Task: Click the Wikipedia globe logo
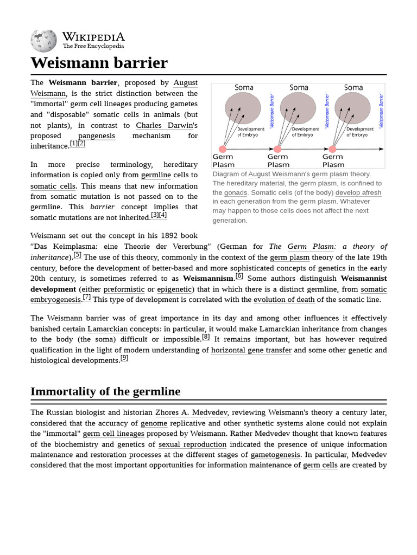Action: point(43,41)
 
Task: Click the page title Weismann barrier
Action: point(99,63)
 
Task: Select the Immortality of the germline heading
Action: point(105,391)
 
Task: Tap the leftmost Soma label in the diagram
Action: point(244,87)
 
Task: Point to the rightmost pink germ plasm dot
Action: point(332,149)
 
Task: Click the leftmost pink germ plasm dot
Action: point(223,149)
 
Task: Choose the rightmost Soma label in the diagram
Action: point(353,87)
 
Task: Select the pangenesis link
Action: point(97,135)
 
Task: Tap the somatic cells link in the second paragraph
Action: point(53,186)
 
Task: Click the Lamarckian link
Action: point(108,329)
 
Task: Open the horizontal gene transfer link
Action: point(251,350)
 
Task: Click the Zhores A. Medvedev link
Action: point(191,412)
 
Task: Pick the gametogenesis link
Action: point(275,455)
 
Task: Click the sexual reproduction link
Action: point(192,444)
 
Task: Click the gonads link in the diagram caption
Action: point(235,192)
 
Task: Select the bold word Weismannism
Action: point(208,279)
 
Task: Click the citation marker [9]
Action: point(124,358)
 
